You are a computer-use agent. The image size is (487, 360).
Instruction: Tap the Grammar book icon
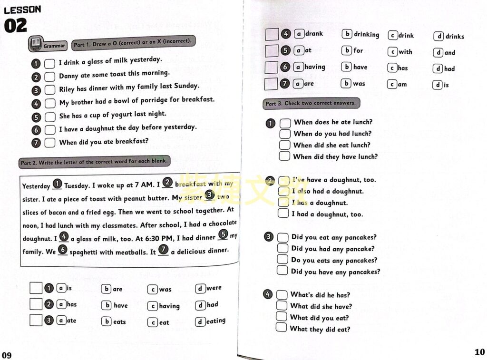(x=35, y=44)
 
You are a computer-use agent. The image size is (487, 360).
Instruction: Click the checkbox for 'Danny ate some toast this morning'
(x=50, y=77)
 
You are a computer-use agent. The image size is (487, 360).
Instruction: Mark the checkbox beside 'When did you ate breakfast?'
(x=50, y=143)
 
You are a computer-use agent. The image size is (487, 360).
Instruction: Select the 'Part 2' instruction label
(x=94, y=162)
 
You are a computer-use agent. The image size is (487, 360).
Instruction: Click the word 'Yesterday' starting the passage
(x=36, y=186)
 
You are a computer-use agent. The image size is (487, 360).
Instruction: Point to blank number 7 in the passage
(x=163, y=250)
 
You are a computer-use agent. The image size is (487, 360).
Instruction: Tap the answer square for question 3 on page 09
(x=36, y=321)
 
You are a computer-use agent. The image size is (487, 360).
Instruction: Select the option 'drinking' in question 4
(x=366, y=34)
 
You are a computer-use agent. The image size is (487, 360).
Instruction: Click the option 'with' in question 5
(x=405, y=52)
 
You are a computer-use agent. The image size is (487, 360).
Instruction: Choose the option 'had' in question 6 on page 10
(x=449, y=68)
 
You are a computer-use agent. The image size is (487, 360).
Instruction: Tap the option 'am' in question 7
(x=402, y=85)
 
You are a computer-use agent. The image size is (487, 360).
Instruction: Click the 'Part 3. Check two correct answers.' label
(x=310, y=103)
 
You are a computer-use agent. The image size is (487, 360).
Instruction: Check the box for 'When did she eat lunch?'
(x=284, y=146)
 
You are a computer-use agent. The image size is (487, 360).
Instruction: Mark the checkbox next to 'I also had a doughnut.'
(x=283, y=192)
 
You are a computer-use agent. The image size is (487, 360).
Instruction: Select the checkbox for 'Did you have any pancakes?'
(x=282, y=271)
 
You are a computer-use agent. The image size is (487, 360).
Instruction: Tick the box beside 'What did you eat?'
(x=282, y=317)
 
